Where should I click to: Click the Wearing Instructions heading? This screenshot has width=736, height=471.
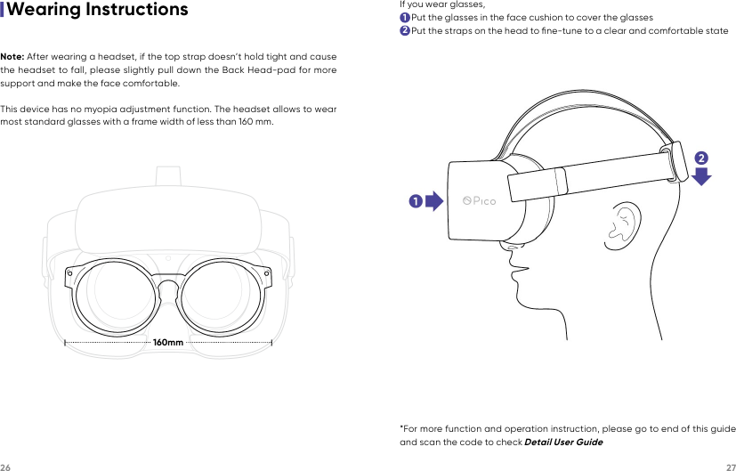pos(97,11)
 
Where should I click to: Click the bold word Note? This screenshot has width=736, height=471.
pos(12,58)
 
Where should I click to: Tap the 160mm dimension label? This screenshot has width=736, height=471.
pos(168,342)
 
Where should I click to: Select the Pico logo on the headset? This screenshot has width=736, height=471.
pos(480,200)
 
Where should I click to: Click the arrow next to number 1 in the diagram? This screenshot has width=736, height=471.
pos(433,200)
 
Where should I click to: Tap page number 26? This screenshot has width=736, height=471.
pos(5,466)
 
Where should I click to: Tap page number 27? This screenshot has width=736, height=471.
pos(730,466)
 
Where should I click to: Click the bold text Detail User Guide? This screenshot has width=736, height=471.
pos(563,443)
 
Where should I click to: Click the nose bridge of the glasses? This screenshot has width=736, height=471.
pos(168,287)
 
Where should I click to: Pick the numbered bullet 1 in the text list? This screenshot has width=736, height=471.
pos(405,18)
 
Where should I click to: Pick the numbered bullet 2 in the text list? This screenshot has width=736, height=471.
pos(405,31)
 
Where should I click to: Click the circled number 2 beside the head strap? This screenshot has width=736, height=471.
pos(701,158)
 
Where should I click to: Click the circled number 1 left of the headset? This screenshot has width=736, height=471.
pos(415,201)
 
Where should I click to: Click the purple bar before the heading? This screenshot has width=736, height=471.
pos(3,11)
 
